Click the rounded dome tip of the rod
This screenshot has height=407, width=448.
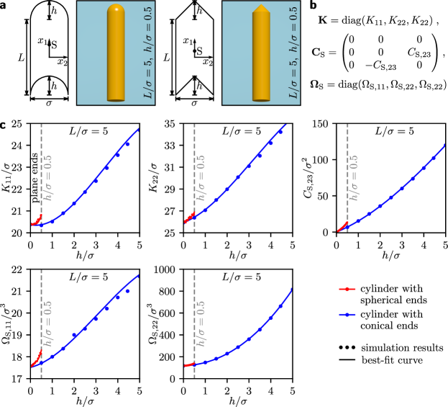[116, 9]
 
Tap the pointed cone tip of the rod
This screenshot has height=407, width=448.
[261, 9]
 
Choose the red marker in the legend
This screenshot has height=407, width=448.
[347, 289]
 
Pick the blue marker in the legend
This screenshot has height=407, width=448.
[347, 314]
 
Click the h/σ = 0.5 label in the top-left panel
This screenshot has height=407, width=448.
[49, 177]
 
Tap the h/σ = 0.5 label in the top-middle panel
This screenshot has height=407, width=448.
[202, 177]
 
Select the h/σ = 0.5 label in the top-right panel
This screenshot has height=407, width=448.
[355, 177]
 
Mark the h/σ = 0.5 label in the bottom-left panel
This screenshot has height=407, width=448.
[49, 323]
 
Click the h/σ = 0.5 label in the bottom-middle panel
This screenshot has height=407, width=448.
[202, 323]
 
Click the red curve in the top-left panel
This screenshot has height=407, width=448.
[37, 220]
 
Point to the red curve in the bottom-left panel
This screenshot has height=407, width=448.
[37, 358]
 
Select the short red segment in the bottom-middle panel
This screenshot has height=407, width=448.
[188, 365]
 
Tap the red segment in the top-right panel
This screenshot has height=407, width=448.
[343, 227]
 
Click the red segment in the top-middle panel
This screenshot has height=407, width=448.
[189, 218]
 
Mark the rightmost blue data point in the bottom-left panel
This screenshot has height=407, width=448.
[128, 291]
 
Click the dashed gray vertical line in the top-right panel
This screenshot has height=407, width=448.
[347, 144]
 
